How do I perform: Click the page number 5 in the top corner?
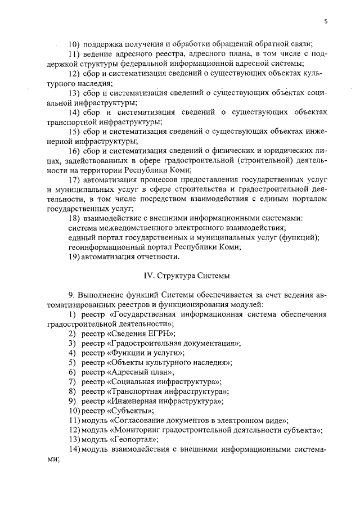click(326, 21)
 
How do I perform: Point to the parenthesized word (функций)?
click(301, 237)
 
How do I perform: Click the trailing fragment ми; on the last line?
click(54, 459)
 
